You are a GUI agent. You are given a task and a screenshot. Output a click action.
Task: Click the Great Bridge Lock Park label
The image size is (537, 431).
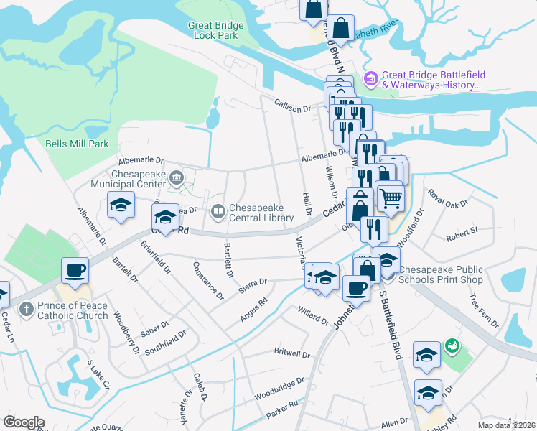(215, 30)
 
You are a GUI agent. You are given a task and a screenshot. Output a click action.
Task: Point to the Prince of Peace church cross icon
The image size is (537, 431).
(26, 310)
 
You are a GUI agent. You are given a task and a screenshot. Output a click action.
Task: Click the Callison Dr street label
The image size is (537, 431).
(292, 106)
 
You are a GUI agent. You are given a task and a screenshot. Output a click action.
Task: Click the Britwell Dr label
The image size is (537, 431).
(291, 354)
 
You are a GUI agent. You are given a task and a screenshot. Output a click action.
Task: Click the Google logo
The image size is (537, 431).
(24, 422)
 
